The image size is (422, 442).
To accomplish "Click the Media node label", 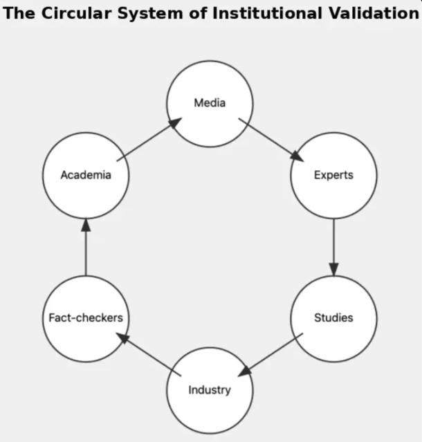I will [x=210, y=103].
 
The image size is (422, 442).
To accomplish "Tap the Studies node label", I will [x=333, y=318].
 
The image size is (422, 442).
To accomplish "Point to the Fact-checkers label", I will [x=86, y=318].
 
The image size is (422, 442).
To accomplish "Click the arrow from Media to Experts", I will [x=271, y=139].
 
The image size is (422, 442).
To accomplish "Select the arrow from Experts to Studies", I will [x=333, y=247].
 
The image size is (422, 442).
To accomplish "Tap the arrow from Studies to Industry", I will [x=271, y=355].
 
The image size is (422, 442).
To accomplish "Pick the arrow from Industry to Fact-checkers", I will [x=148, y=355].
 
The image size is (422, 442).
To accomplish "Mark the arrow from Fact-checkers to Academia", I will [x=86, y=247].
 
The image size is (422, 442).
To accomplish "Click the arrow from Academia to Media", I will [x=148, y=139].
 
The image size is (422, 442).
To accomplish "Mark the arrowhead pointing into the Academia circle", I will [x=86, y=225].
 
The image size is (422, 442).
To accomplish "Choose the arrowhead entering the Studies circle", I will [x=333, y=270].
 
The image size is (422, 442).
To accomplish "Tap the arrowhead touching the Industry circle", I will [x=244, y=371].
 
